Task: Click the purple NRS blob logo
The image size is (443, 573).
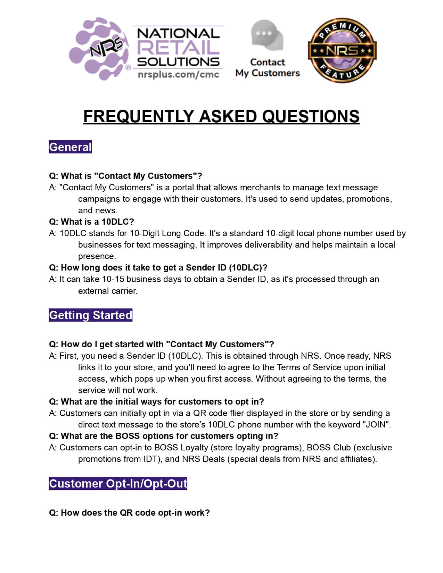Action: tap(99, 49)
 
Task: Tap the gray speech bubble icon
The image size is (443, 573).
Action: tap(267, 35)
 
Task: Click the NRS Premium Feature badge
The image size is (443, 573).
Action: tap(342, 51)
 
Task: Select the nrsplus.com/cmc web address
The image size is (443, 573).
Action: tap(178, 74)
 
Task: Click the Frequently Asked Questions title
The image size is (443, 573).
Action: tap(221, 116)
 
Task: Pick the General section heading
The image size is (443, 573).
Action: tap(70, 147)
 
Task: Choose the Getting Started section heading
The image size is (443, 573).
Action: tap(90, 315)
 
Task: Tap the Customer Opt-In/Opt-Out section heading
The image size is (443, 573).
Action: tap(118, 483)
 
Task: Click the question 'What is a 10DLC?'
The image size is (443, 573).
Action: tap(91, 222)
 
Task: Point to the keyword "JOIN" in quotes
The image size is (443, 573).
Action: tap(376, 424)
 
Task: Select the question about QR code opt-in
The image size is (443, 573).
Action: tap(129, 513)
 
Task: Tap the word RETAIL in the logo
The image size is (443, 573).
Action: tap(178, 47)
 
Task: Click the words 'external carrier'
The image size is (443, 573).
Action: tap(108, 291)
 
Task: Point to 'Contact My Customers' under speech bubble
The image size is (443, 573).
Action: tap(267, 67)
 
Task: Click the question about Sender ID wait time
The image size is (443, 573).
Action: tap(158, 267)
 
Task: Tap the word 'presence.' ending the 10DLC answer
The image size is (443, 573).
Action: tap(97, 256)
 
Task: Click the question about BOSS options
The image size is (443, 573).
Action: tap(164, 436)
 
